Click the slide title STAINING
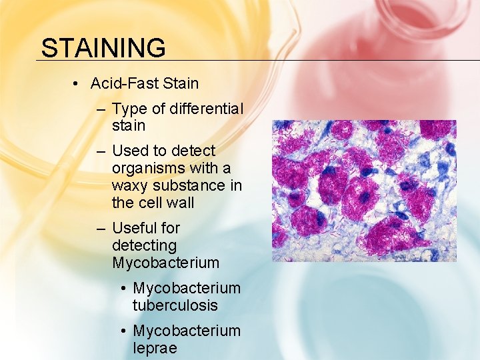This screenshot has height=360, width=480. [x=103, y=48]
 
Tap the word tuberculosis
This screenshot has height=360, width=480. [x=175, y=305]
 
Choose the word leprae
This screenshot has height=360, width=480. [x=155, y=348]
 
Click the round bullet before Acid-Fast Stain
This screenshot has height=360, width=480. [x=77, y=84]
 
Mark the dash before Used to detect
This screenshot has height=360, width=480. [x=101, y=151]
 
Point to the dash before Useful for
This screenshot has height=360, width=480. [x=101, y=229]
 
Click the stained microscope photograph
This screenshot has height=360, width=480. [x=364, y=191]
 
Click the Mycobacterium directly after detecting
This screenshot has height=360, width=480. [x=165, y=263]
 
